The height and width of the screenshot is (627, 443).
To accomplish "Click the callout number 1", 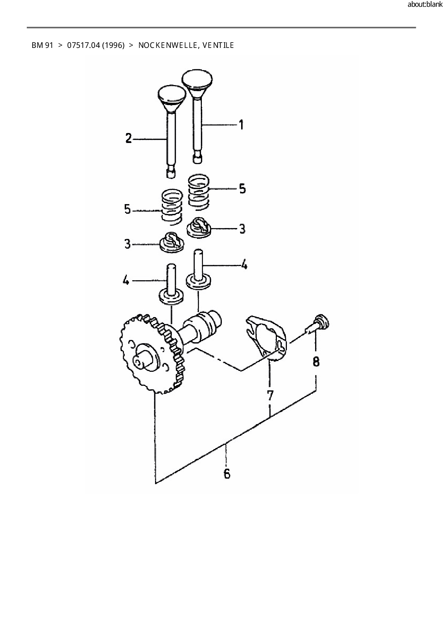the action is click(242, 125).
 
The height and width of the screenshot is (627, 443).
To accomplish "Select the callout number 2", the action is click(129, 138).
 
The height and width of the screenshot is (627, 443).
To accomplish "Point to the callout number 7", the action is click(270, 395).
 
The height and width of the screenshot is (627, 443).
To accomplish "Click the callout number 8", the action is click(316, 362).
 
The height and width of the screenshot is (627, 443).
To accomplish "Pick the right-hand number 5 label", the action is click(243, 188).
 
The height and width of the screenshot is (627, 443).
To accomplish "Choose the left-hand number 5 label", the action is click(128, 209).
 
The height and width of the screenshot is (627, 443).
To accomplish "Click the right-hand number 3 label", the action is click(243, 228).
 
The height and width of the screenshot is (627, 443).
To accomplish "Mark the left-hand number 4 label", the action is click(126, 281).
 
